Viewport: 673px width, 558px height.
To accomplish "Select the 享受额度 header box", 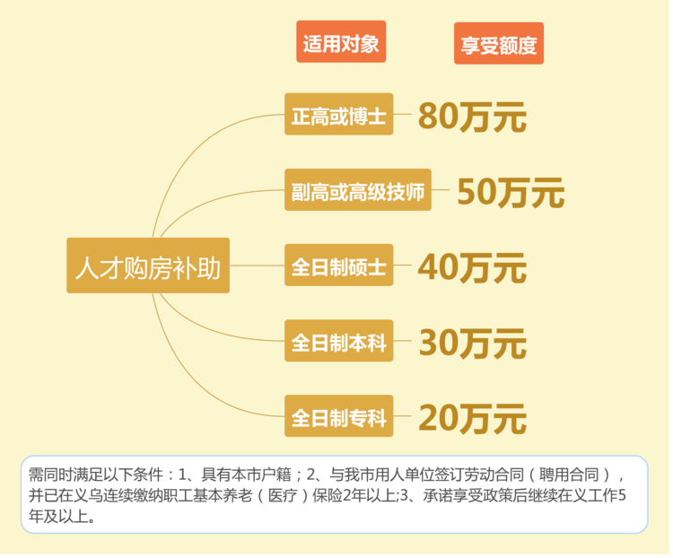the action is pyautogui.click(x=499, y=44).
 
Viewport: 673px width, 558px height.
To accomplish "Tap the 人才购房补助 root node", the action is pyautogui.click(x=148, y=266).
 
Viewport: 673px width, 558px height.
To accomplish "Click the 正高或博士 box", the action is pyautogui.click(x=339, y=115).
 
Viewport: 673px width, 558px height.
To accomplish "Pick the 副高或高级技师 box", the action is pyautogui.click(x=358, y=190).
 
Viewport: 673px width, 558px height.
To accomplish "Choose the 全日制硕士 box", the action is pyautogui.click(x=339, y=266).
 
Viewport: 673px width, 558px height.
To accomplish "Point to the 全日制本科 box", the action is pyautogui.click(x=339, y=341).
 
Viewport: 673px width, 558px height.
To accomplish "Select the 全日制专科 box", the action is pyautogui.click(x=339, y=416).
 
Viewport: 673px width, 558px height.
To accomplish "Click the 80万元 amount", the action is pyautogui.click(x=472, y=117).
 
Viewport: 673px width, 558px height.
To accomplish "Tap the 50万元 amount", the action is pyautogui.click(x=511, y=192).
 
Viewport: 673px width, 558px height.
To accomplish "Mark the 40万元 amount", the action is pyautogui.click(x=472, y=267).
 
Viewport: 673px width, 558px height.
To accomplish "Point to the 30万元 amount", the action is pyautogui.click(x=472, y=343).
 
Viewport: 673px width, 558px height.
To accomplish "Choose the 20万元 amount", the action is pyautogui.click(x=472, y=418).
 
